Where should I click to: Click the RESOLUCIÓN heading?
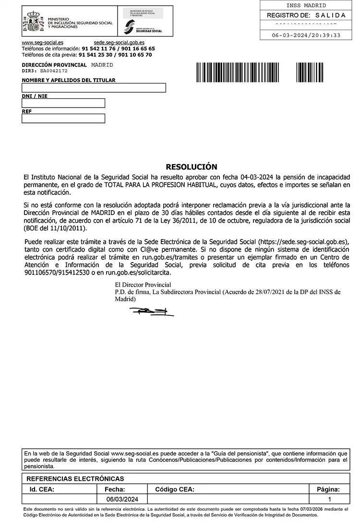(x=191, y=167)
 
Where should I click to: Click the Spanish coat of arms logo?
(x=34, y=22)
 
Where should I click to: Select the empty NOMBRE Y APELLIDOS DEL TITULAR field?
(x=94, y=88)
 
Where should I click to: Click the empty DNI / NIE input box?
(x=63, y=103)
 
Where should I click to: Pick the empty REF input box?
(x=63, y=119)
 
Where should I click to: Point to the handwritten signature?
(x=151, y=312)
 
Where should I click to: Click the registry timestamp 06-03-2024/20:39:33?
(x=306, y=35)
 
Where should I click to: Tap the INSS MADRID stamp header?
(x=306, y=6)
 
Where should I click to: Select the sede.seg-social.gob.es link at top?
(x=119, y=43)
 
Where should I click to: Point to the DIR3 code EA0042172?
(x=54, y=71)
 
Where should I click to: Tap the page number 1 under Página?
(x=329, y=500)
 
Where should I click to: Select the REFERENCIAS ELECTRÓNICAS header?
(x=75, y=479)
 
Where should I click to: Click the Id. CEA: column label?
(x=42, y=490)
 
